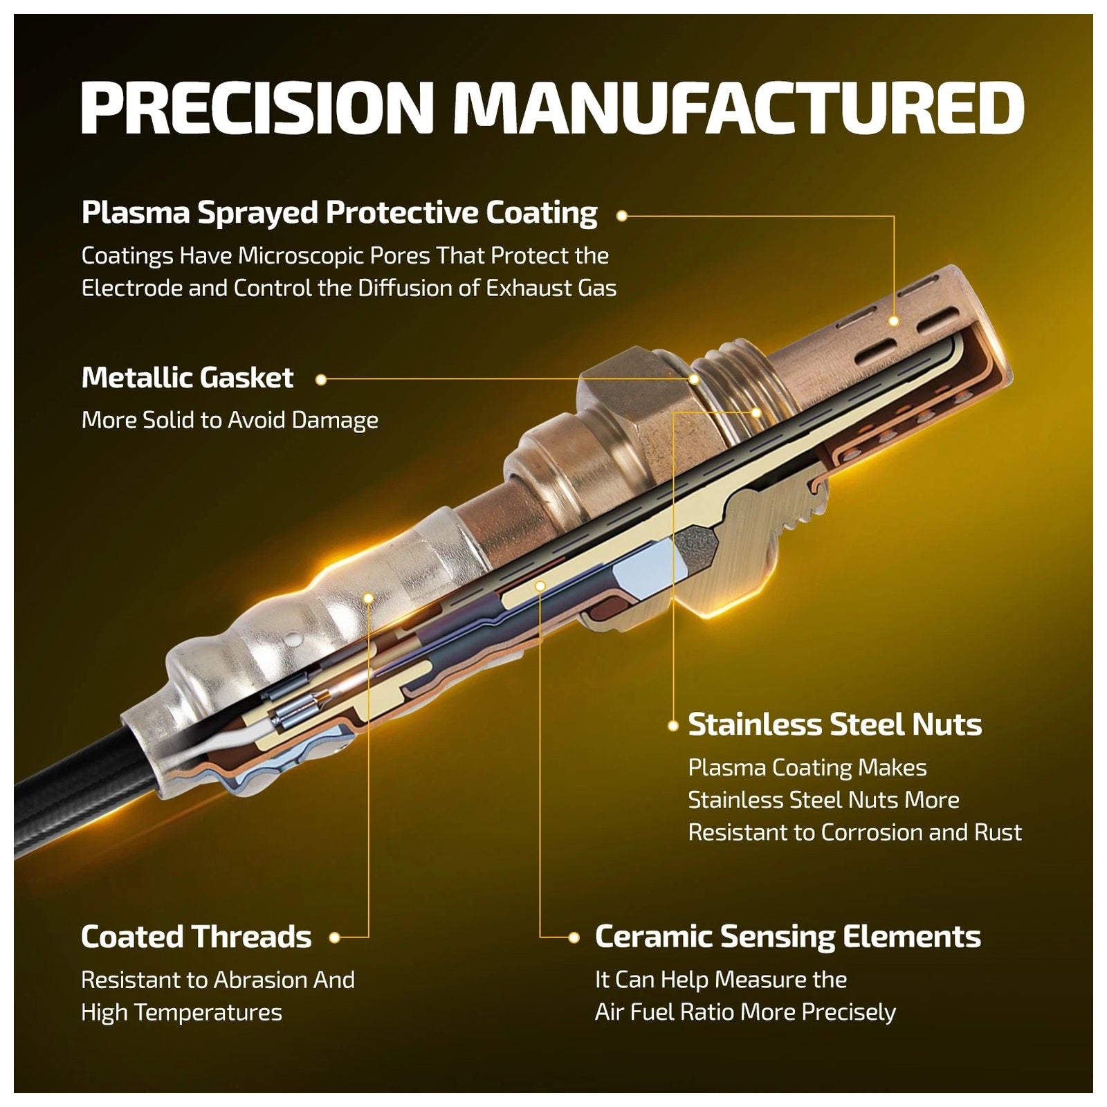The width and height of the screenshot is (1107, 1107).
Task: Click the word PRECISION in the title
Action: (257, 108)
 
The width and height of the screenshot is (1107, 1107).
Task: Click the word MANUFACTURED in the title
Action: (739, 108)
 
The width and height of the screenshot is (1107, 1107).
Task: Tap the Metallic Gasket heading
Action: (187, 378)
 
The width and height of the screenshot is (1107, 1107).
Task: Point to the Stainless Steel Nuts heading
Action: (835, 724)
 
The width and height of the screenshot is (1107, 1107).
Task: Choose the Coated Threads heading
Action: (196, 937)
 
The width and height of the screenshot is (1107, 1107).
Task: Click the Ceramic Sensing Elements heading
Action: (788, 937)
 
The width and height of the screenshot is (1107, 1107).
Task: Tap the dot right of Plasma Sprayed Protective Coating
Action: (621, 216)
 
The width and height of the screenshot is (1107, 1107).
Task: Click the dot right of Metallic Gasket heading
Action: (320, 379)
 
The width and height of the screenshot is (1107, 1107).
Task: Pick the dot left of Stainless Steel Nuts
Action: (673, 726)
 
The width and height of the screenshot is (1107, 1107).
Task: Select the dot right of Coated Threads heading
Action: (335, 938)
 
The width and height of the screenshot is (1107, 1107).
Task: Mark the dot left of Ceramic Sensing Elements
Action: (574, 938)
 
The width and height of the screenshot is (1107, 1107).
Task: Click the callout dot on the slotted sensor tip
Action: (894, 321)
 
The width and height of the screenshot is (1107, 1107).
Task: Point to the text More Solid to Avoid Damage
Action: (230, 420)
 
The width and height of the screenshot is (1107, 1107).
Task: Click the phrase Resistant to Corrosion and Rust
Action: (854, 832)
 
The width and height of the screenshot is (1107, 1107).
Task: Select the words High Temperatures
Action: (181, 1012)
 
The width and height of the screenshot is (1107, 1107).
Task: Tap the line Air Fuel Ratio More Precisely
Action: (745, 1012)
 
